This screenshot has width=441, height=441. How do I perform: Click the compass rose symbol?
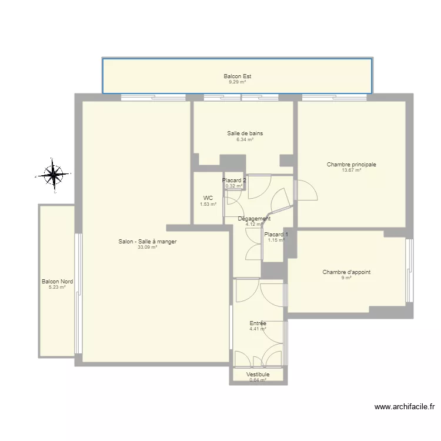[x=53, y=175]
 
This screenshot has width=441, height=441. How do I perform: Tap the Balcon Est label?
[x=238, y=76]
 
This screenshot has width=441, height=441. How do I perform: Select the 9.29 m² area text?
[x=238, y=82]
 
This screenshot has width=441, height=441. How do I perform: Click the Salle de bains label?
[x=245, y=133]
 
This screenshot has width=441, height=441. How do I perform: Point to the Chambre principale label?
[x=351, y=165]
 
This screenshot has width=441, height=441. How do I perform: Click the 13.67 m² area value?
[x=351, y=170]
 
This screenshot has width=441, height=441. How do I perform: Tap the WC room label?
[x=208, y=198]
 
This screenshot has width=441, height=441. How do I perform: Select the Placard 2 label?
[x=234, y=181]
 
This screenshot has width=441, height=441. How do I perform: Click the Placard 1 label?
[x=276, y=234]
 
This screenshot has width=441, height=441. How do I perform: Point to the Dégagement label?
[x=254, y=219]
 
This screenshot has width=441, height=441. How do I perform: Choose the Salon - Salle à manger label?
[x=148, y=241]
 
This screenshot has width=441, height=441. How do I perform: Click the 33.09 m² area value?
[x=148, y=247]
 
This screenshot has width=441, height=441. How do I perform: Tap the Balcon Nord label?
[x=58, y=281]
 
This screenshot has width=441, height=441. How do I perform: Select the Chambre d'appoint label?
[x=346, y=272]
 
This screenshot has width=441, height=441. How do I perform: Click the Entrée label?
[x=258, y=323]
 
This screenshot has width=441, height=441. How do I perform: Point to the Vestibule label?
[x=258, y=375]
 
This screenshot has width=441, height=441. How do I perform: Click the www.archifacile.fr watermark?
[x=405, y=407]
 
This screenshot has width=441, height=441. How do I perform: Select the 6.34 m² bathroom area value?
[x=245, y=139]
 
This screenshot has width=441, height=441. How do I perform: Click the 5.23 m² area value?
[x=57, y=287]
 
